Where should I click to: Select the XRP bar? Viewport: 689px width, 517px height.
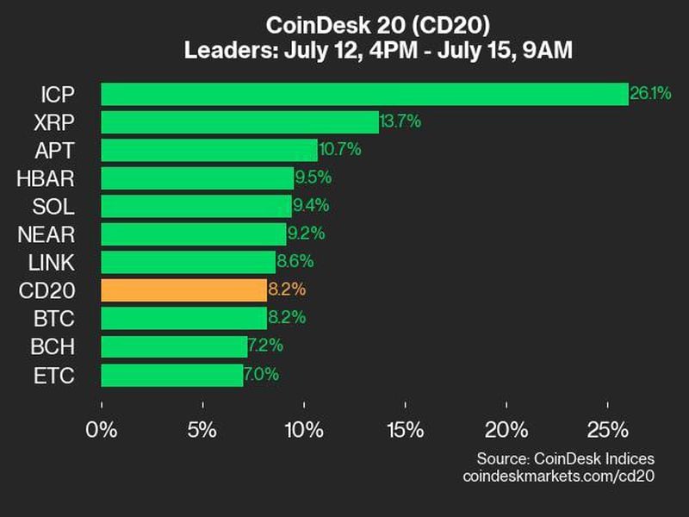pyautogui.click(x=239, y=121)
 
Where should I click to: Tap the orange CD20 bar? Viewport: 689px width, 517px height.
pyautogui.click(x=183, y=290)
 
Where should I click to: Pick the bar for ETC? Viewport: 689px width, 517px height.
pyautogui.click(x=171, y=375)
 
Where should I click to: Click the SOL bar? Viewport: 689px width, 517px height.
pyautogui.click(x=196, y=206)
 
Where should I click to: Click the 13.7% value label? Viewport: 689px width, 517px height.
pyautogui.click(x=400, y=121)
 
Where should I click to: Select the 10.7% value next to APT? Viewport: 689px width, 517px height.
pyautogui.click(x=340, y=150)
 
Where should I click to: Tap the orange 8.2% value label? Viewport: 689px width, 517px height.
pyautogui.click(x=288, y=290)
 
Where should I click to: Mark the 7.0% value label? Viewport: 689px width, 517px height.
pyautogui.click(x=261, y=375)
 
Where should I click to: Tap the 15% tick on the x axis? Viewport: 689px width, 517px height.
pyautogui.click(x=406, y=429)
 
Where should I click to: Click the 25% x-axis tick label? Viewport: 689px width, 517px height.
pyautogui.click(x=608, y=429)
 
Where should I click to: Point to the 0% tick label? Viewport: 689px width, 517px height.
pyautogui.click(x=102, y=429)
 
